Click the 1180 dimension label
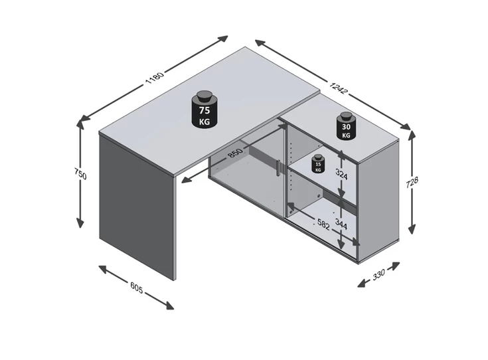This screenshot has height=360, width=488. tap(154, 78)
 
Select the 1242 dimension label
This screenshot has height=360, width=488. tap(338, 88)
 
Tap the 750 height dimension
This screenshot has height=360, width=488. tap(80, 173)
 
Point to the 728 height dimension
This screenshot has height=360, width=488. tap(412, 183)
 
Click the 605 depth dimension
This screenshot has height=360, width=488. tap(136, 288)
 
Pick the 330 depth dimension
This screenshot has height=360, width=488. tap(378, 274)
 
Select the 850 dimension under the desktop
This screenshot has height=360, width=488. tap(235, 153)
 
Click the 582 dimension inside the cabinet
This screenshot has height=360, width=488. tap(323, 224)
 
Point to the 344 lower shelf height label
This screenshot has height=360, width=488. tap(341, 223)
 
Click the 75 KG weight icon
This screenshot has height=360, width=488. tap(204, 109)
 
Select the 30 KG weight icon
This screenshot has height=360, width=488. tap(346, 126)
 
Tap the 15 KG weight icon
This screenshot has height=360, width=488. tap(318, 164)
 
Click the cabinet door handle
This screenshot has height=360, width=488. tap(279, 168)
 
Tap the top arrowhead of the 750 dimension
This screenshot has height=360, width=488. tap(80, 124)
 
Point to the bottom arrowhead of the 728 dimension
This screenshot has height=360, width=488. tap(412, 230)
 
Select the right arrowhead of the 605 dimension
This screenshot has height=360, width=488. tap(169, 306)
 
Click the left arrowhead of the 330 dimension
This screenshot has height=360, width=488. tap(361, 284)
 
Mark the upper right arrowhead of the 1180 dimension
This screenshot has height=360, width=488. tap(224, 39)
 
